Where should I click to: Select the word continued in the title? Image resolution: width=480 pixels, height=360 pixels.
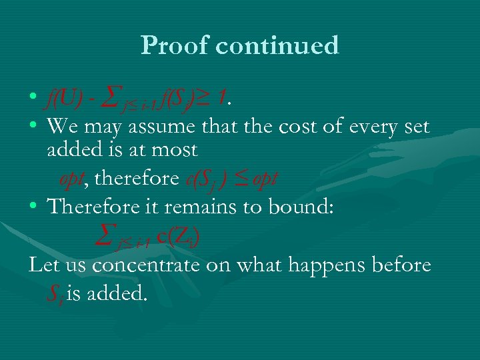tap(279, 45)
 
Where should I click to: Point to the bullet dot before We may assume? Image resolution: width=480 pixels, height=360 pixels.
tap(33, 127)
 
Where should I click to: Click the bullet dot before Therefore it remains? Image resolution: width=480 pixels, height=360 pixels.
tap(33, 207)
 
